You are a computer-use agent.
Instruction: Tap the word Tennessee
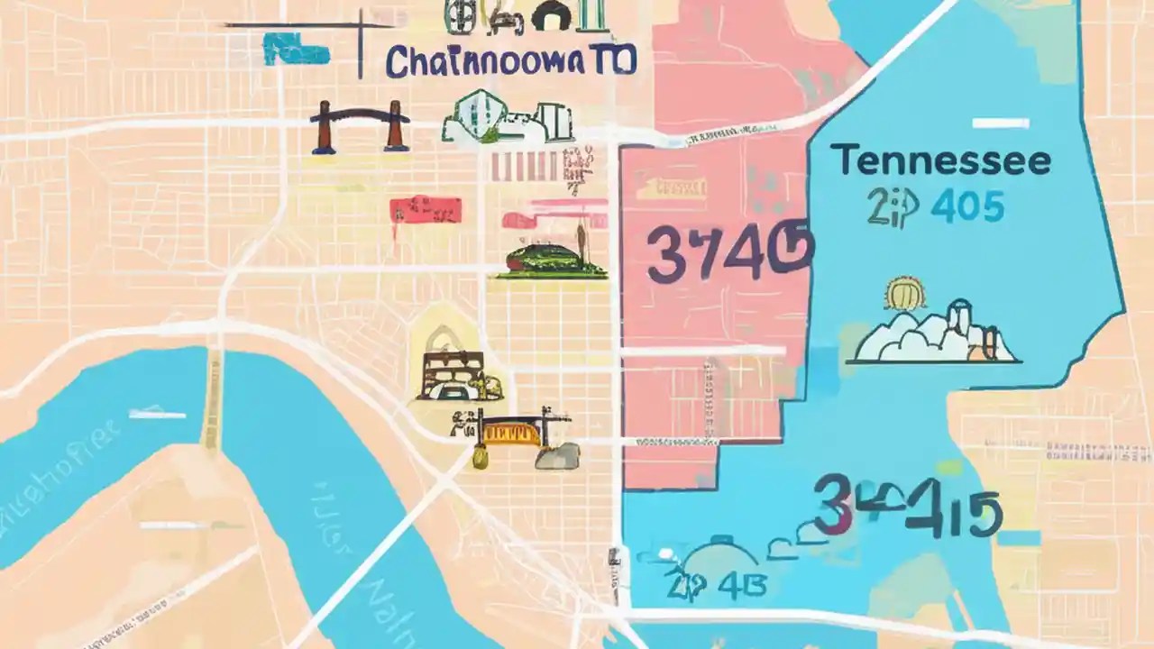[x=940, y=161]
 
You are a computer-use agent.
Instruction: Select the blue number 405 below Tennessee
[x=967, y=207]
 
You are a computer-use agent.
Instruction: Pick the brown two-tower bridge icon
[x=359, y=125]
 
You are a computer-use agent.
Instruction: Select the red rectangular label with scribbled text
[x=426, y=211]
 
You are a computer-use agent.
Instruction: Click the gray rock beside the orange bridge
[x=557, y=456]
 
